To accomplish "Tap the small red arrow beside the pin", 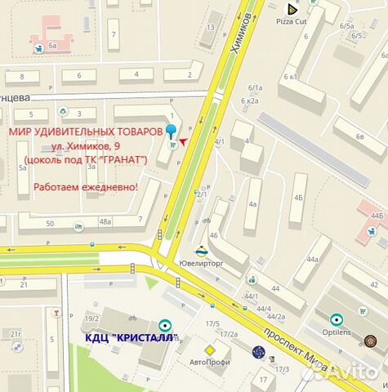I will pos(184,141).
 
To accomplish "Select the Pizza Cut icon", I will pos(290,10).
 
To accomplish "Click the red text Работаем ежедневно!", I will pos(86,188).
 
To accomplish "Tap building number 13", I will pos(211,28).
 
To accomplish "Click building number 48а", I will pos(105,221).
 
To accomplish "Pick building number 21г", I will pos(16,333).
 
